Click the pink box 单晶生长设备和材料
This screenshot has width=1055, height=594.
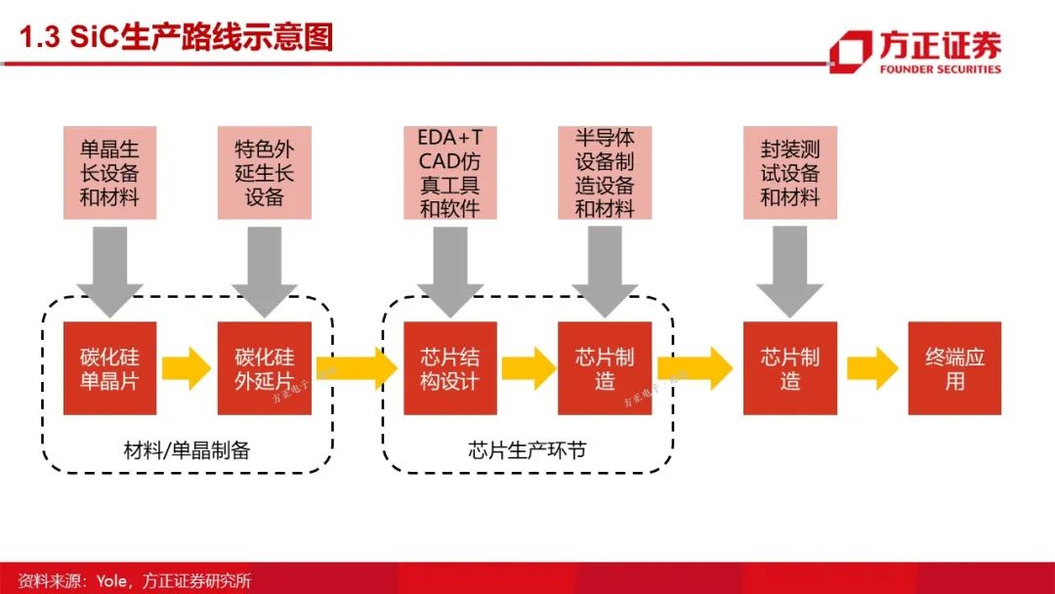(109, 173)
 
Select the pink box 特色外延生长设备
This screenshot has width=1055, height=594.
(265, 173)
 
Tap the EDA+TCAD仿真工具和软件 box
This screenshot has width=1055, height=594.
(450, 173)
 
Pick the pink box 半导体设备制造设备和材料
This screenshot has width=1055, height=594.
(605, 173)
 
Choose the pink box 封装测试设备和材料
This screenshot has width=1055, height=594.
(790, 173)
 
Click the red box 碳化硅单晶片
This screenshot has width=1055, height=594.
(109, 368)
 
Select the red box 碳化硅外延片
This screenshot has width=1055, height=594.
(265, 368)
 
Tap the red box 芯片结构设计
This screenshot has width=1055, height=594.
(450, 368)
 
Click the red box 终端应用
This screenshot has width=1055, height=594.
(954, 368)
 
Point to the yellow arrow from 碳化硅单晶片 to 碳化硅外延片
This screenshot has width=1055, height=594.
(187, 368)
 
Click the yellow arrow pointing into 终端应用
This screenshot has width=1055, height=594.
(872, 368)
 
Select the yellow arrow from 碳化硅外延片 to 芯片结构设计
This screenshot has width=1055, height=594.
(358, 368)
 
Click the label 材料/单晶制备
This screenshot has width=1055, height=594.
(187, 449)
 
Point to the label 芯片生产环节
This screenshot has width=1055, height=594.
(527, 449)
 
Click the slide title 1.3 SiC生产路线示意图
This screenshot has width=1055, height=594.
(176, 37)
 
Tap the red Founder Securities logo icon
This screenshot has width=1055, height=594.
(851, 51)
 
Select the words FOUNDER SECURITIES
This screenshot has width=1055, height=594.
(940, 68)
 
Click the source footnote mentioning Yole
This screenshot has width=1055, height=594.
(135, 580)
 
